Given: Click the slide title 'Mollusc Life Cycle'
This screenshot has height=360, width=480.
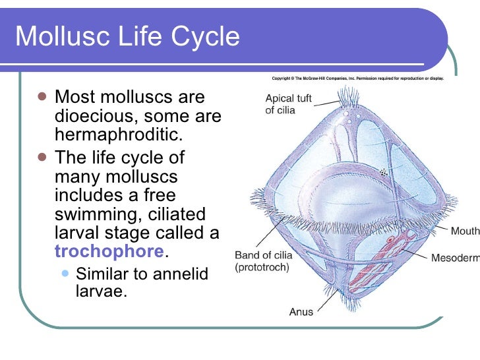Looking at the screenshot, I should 127,37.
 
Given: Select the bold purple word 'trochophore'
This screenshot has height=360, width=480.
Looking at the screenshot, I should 109,251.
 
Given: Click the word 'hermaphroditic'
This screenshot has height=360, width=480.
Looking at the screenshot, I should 117,135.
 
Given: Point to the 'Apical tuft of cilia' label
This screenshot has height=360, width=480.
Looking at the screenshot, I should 288,104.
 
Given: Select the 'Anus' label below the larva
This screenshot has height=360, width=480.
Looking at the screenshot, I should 301,312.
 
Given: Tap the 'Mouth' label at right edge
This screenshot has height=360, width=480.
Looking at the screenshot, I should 464,231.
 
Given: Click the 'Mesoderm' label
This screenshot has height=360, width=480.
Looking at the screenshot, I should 455,258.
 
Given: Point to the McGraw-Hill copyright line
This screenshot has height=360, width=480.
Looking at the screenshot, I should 357,78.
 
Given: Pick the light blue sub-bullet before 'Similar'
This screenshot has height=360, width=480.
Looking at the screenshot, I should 66,273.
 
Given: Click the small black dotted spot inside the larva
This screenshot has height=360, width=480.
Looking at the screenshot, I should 382,172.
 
